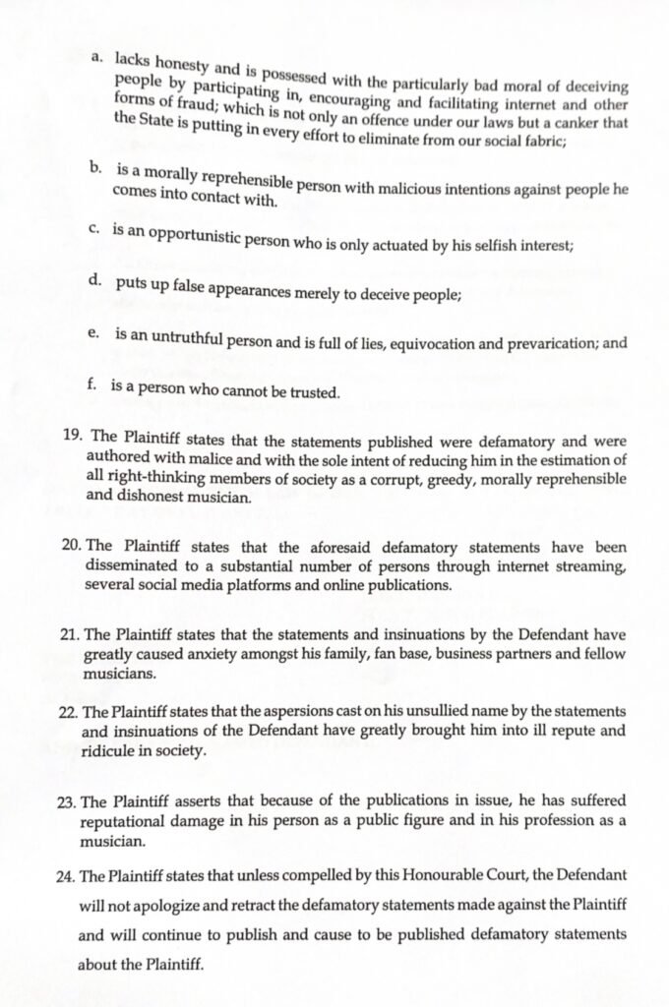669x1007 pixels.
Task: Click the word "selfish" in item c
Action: coord(493,244)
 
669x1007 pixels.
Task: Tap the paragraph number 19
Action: coord(71,433)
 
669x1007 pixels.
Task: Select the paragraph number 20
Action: coord(72,545)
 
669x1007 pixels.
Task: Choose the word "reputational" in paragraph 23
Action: coord(132,822)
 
